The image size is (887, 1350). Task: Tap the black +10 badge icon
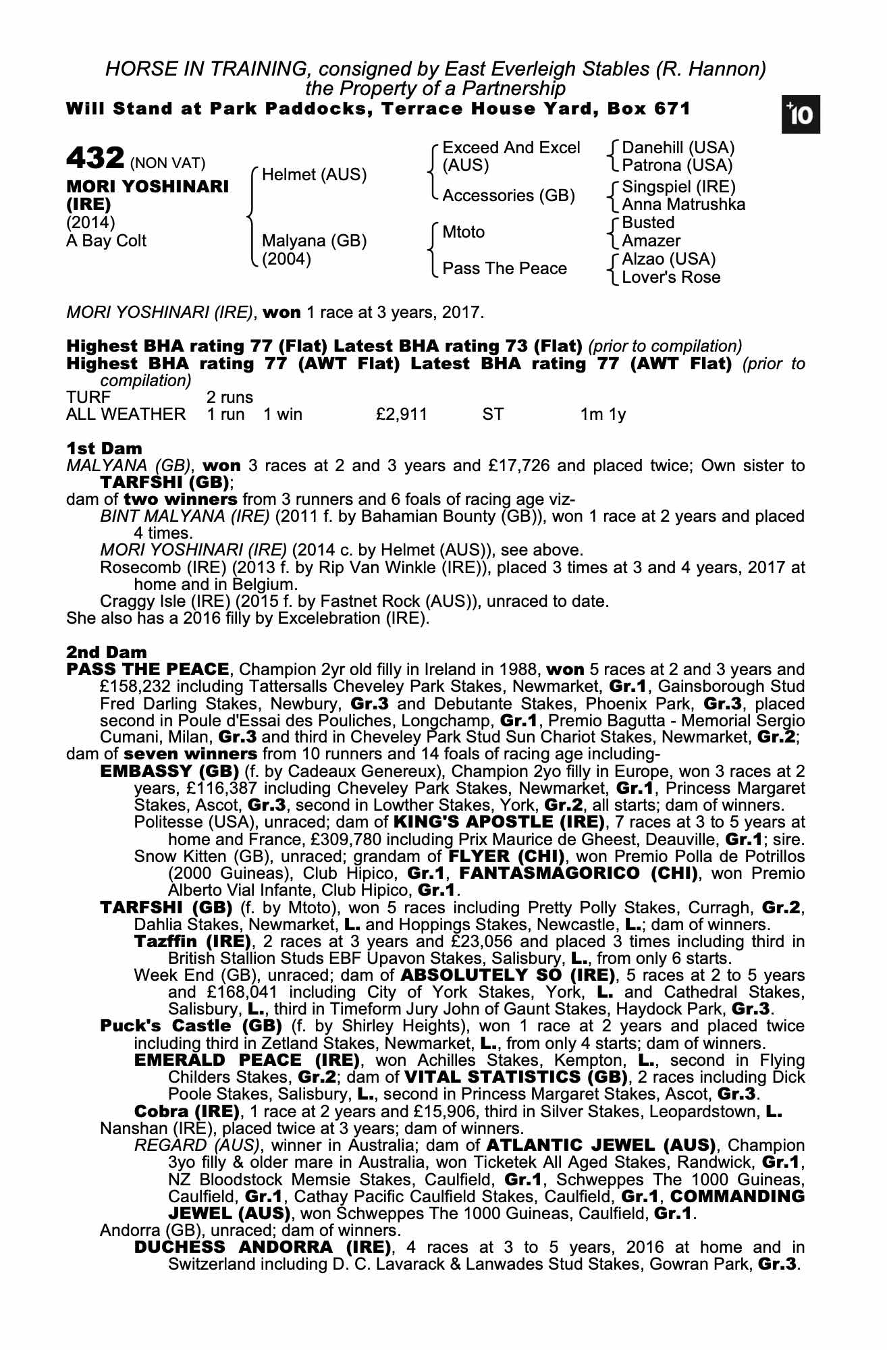801,115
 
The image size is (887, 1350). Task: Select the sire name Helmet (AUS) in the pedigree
314,175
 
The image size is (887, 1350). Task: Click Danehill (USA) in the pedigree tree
678,147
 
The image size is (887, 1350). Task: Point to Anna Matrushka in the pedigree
683,205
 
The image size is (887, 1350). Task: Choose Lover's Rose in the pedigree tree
671,277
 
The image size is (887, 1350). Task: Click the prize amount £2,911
402,414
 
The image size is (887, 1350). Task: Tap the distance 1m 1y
603,414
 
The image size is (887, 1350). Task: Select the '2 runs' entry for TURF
230,397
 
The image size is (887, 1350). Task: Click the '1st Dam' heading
104,448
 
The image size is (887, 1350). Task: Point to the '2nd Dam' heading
106,652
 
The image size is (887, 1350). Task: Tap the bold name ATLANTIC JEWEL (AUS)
601,1145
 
